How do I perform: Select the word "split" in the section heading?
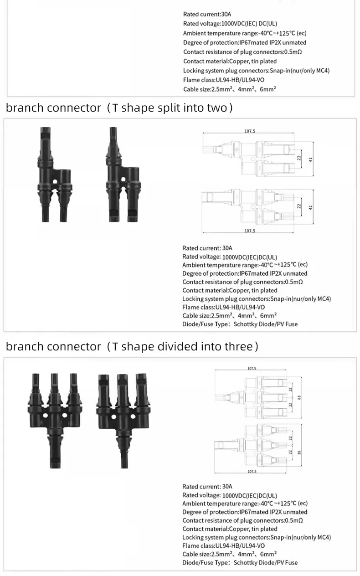coord(155,108)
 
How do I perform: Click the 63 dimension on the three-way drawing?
coord(299,397)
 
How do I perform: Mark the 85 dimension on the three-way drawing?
coord(299,451)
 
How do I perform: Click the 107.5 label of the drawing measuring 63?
coord(252,368)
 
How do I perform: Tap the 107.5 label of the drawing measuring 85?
coord(252,471)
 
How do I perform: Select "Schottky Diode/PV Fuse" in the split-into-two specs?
coord(265,324)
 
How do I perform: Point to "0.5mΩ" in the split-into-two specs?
coord(294,282)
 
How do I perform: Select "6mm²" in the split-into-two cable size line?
coord(269,316)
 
